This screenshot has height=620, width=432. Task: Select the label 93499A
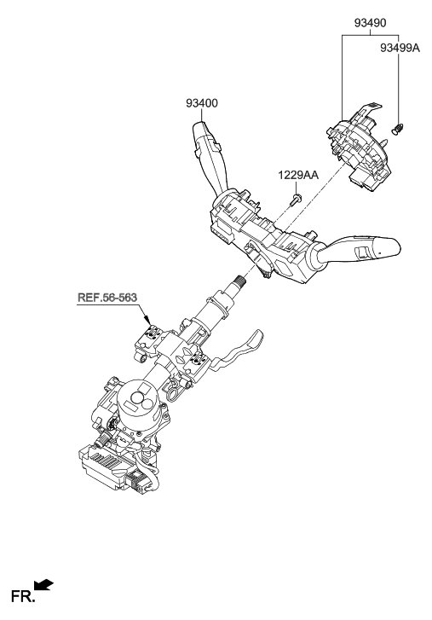[x=400, y=49]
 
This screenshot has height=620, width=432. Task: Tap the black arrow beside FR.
[x=43, y=585]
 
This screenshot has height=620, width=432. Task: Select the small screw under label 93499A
[x=397, y=130]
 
